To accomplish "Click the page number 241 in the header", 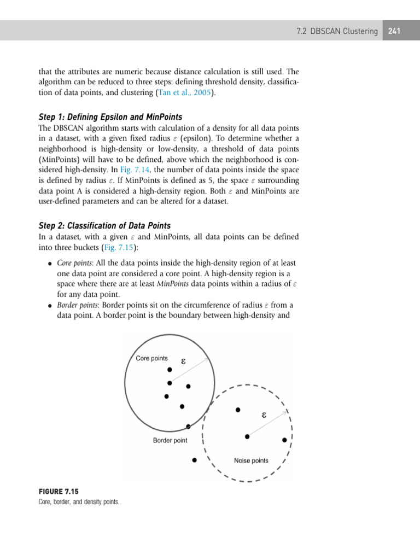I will click(x=394, y=31).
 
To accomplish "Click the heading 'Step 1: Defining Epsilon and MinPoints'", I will click(x=110, y=117).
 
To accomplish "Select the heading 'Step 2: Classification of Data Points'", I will click(x=104, y=225).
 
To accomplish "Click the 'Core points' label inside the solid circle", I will click(x=151, y=358).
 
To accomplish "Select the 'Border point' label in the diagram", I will click(x=170, y=440).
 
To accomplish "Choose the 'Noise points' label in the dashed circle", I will click(x=251, y=460).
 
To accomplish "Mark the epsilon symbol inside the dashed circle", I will click(x=264, y=415).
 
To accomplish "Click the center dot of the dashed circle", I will click(x=247, y=436).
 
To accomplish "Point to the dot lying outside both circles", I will click(x=194, y=460).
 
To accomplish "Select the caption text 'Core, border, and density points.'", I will click(x=79, y=501).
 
